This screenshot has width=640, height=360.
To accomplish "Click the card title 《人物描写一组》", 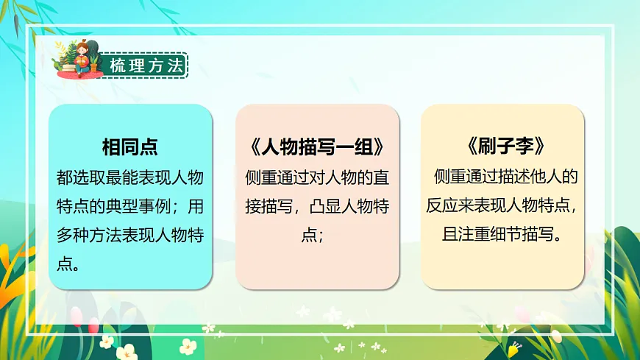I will click(317, 146).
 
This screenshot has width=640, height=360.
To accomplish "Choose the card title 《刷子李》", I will click(502, 146).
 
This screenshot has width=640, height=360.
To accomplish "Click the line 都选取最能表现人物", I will click(129, 177).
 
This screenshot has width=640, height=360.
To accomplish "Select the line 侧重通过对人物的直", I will click(317, 177).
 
